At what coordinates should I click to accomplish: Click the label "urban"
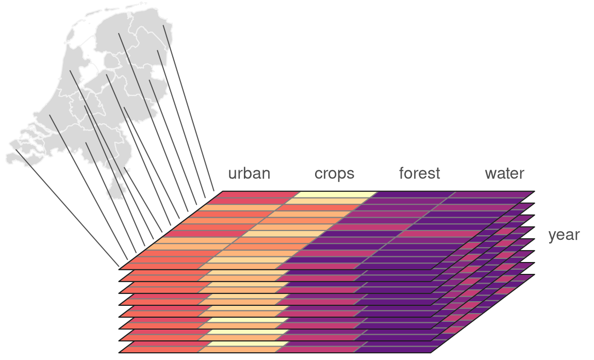(x=249, y=174)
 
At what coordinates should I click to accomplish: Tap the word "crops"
(x=334, y=174)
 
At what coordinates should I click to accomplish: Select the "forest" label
(x=419, y=173)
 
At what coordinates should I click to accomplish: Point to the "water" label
(x=504, y=174)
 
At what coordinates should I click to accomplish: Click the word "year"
(x=564, y=235)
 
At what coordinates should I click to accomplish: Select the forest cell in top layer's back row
(x=413, y=195)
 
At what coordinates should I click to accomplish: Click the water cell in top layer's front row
(x=397, y=266)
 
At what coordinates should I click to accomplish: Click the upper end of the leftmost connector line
(x=16, y=150)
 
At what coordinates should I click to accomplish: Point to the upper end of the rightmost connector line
(x=163, y=25)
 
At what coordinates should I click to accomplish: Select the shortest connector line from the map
(x=143, y=200)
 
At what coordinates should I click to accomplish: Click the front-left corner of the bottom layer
(x=119, y=353)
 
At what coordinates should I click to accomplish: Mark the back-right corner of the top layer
(x=535, y=191)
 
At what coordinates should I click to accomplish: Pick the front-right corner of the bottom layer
(x=432, y=353)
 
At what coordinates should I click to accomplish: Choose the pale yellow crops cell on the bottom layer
(x=248, y=344)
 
